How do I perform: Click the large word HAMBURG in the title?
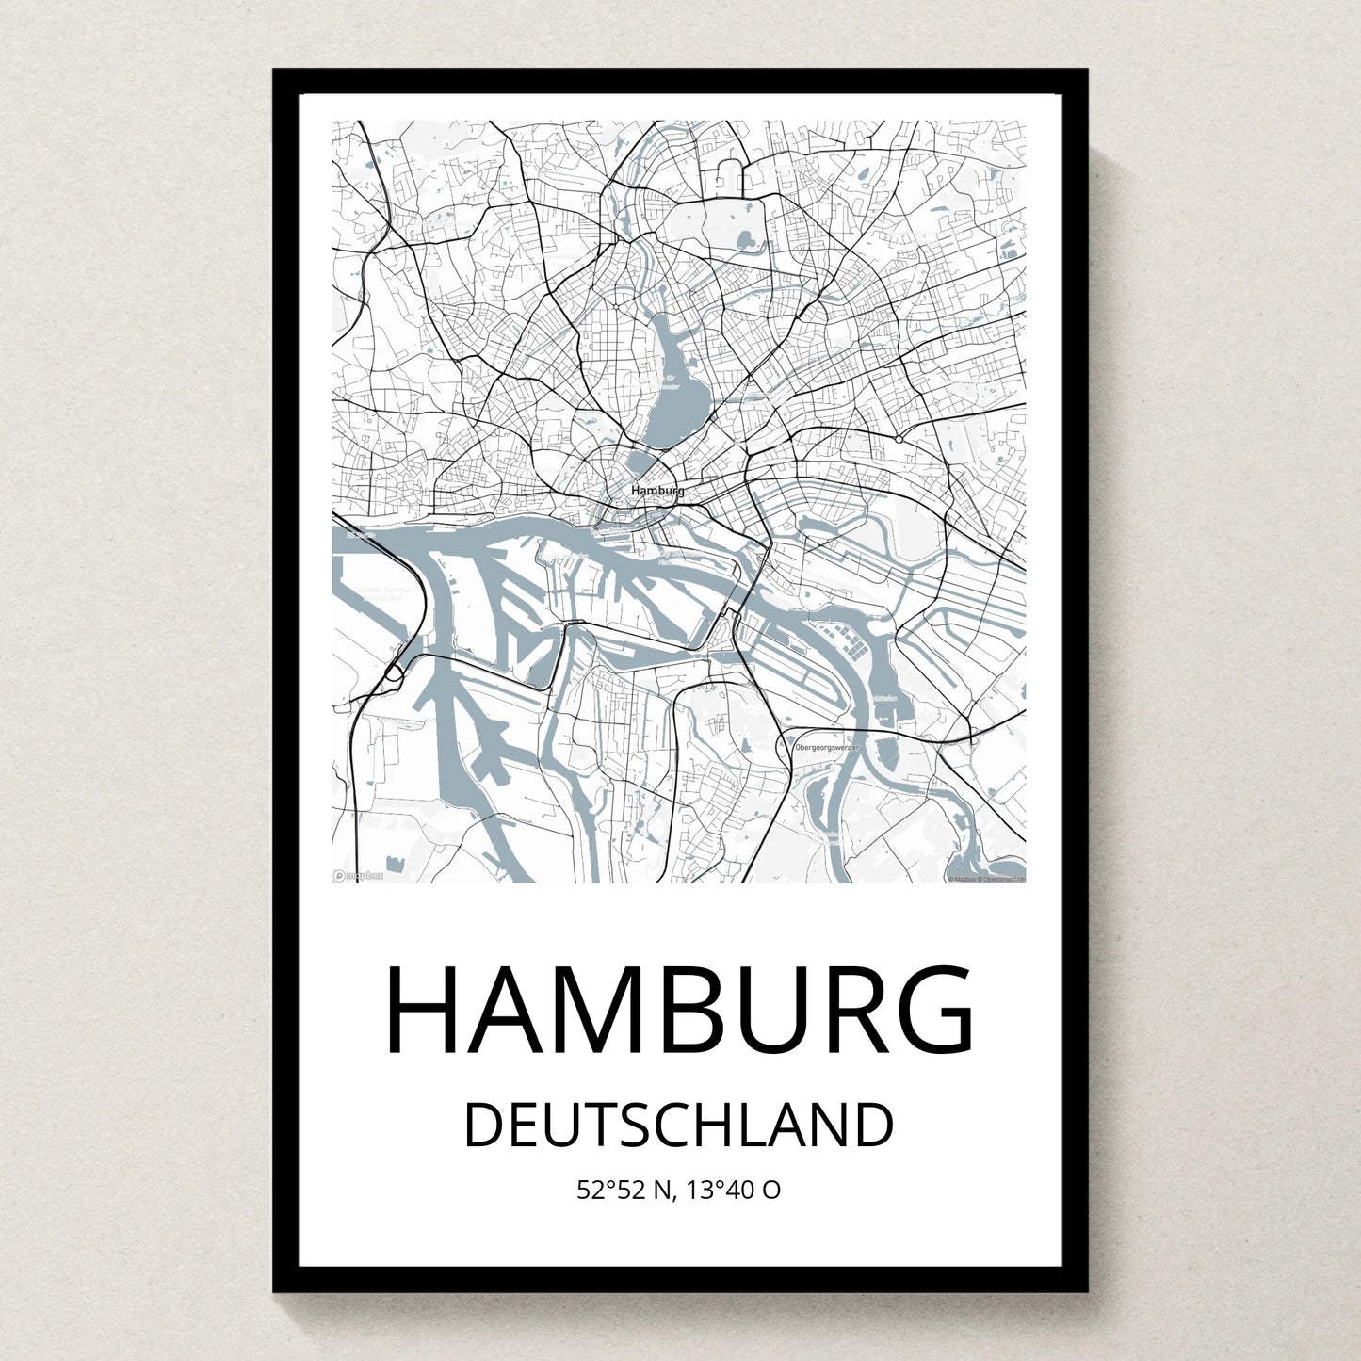pyautogui.click(x=679, y=1010)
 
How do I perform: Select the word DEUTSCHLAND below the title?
pyautogui.click(x=679, y=1125)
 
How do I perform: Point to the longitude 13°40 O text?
pyautogui.click(x=733, y=1191)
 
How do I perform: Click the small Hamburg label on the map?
pyautogui.click(x=657, y=491)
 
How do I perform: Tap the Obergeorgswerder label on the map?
pyautogui.click(x=827, y=747)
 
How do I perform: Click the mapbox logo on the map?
pyautogui.click(x=359, y=876)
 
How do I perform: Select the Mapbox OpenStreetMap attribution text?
pyautogui.click(x=986, y=879)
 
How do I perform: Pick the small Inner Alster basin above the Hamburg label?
pyautogui.click(x=641, y=463)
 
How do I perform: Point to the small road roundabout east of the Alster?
pyautogui.click(x=899, y=439)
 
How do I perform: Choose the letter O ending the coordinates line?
pyautogui.click(x=770, y=1191)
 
